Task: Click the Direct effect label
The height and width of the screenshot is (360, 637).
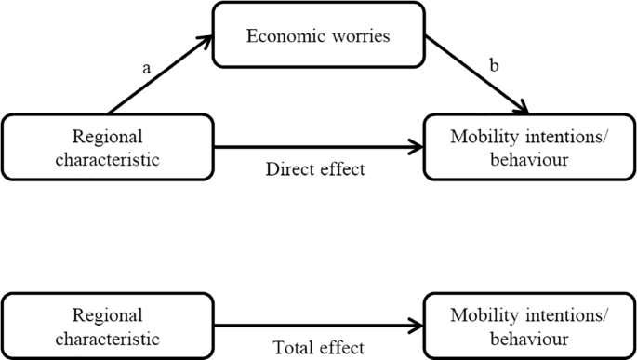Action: pyautogui.click(x=314, y=169)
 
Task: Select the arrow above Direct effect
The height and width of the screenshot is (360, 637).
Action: pyautogui.click(x=316, y=146)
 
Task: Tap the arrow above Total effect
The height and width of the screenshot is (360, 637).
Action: pyautogui.click(x=316, y=325)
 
